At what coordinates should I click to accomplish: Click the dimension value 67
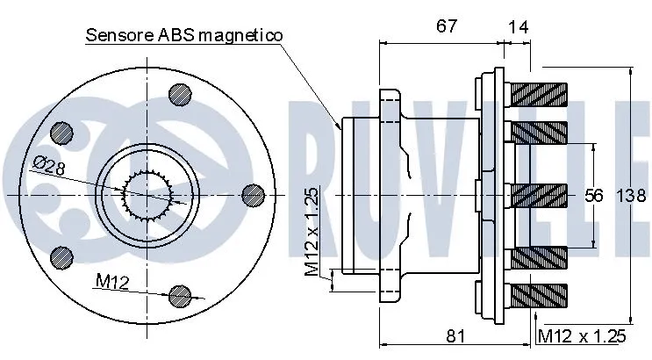click(447, 26)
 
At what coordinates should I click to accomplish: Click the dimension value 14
click(519, 26)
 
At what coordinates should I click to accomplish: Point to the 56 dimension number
click(595, 195)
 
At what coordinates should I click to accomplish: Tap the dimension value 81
click(454, 334)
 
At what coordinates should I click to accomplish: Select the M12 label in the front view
click(111, 281)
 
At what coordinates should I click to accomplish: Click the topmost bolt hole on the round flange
click(180, 92)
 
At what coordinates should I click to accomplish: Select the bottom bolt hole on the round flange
click(180, 294)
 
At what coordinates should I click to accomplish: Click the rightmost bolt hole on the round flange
click(253, 193)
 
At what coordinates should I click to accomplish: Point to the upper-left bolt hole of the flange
click(62, 132)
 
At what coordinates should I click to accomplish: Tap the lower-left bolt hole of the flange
click(62, 256)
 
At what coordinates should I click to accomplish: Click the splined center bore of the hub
click(145, 194)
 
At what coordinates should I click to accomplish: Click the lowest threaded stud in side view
click(538, 297)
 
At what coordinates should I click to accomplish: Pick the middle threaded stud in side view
click(538, 194)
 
